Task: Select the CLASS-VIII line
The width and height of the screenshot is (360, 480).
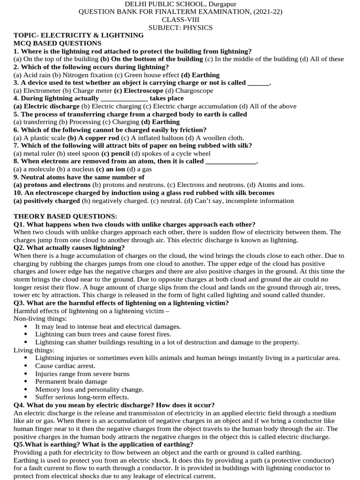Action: coord(180,20)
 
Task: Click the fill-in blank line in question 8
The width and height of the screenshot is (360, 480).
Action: coord(231,162)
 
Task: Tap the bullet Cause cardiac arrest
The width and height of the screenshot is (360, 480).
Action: coord(65,366)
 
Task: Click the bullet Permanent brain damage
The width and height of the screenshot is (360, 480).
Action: coord(71,382)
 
